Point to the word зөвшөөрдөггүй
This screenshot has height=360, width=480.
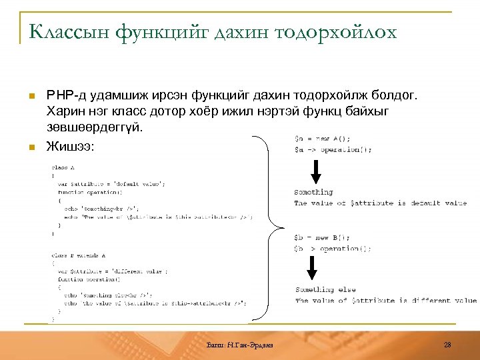[x=95, y=127]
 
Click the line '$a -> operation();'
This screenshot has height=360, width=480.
[x=333, y=150]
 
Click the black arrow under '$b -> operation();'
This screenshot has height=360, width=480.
[x=311, y=268]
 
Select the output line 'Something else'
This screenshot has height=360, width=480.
[x=325, y=290]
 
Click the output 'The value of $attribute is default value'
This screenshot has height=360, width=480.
[x=380, y=203]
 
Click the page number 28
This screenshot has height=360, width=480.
[x=447, y=344]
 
